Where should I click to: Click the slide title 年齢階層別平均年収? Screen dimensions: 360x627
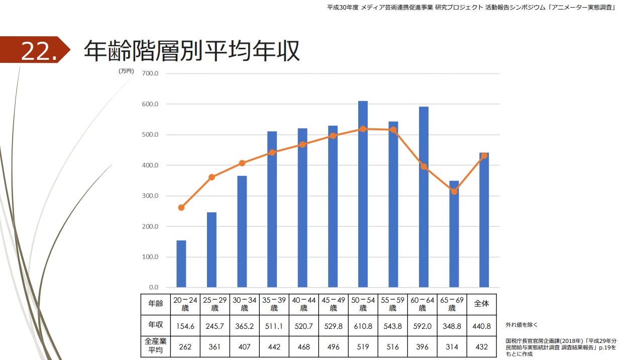tap(191, 51)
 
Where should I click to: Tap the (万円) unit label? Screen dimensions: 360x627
tap(126, 71)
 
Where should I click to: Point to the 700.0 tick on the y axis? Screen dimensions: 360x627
tap(150, 73)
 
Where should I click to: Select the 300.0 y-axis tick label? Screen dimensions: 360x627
tap(150, 196)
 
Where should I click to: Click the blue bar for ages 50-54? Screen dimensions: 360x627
tap(363, 194)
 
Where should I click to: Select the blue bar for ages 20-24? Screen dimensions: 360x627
tap(181, 264)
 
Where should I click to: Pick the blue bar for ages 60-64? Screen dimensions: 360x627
tap(424, 197)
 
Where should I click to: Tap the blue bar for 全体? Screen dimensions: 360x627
tap(484, 220)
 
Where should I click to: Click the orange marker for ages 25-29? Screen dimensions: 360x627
tap(212, 177)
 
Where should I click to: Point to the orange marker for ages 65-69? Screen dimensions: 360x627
tap(454, 192)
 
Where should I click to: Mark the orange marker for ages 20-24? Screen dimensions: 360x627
tap(181, 207)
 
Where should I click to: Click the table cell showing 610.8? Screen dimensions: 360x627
tap(363, 326)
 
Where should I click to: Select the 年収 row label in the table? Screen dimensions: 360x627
tap(155, 326)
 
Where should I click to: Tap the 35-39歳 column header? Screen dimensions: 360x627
tap(274, 304)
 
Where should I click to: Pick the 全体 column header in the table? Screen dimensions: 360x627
tap(481, 304)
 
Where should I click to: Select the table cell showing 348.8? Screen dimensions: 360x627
tap(452, 326)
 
